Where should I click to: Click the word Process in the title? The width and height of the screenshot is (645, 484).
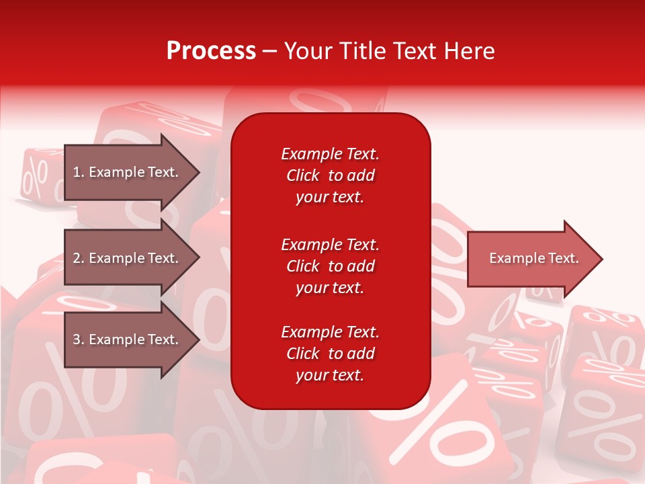point(211,51)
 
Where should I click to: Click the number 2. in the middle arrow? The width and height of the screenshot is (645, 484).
point(79,258)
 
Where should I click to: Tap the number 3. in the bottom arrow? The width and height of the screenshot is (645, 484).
point(79,339)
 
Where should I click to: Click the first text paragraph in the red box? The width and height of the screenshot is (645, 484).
point(330,175)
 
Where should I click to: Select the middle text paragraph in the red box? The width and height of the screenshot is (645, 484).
point(330,266)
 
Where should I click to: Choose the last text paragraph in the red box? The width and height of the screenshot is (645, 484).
point(330,354)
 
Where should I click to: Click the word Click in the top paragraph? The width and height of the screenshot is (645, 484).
point(303,175)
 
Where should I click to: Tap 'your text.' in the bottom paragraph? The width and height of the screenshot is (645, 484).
point(330,375)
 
